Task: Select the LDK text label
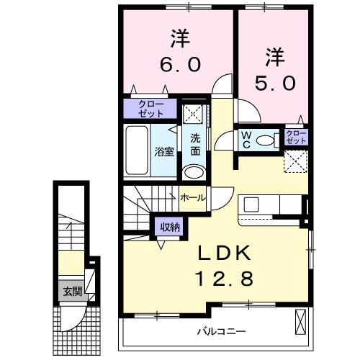225,253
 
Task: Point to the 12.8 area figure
225,279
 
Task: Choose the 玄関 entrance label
71,292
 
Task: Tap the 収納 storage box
170,228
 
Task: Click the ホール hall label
192,197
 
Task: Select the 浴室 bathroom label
163,152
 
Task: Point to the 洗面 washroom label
196,145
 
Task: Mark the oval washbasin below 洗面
194,172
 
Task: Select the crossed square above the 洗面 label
193,114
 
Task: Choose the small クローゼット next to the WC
295,138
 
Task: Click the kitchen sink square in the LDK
253,204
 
